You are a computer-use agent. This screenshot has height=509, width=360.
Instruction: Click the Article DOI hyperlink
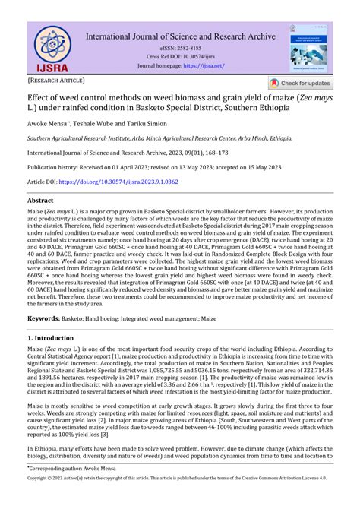pos(129,183)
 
